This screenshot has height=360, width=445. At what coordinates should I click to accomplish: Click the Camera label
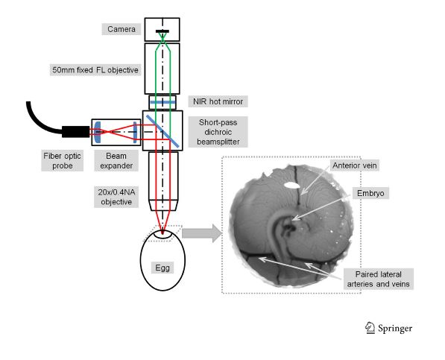[x=121, y=29]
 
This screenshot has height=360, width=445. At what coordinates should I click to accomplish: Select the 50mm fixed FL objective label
[x=95, y=70]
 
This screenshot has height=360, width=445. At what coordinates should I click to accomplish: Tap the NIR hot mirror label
[x=218, y=101]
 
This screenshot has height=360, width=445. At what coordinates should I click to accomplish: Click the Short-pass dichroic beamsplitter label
[x=218, y=132]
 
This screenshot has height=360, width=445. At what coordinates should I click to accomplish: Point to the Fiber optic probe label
[x=62, y=160]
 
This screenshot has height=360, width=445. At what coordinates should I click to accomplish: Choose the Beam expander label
[x=116, y=160]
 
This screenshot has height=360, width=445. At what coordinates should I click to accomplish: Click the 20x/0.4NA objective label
[x=116, y=197]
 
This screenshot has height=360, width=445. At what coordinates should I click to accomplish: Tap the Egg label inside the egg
[x=162, y=268]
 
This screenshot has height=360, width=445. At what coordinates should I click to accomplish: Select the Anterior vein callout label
[x=355, y=165]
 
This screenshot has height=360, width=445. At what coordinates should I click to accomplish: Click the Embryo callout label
[x=370, y=193]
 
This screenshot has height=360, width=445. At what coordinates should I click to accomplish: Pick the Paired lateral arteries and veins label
[x=379, y=279]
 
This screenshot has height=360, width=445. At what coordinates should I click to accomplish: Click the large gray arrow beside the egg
[x=202, y=233]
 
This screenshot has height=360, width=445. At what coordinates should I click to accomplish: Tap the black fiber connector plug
[x=76, y=132]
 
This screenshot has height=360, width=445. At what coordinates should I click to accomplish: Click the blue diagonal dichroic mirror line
[x=162, y=131]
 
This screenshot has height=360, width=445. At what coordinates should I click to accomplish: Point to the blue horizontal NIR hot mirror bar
[x=162, y=102]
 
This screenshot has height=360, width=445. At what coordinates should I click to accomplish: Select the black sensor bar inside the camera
[x=162, y=31]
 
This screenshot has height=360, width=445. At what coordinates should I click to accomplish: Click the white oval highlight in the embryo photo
[x=292, y=186]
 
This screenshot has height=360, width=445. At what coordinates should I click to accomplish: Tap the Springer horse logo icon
[x=369, y=328]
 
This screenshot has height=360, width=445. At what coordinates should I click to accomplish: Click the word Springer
[x=395, y=329]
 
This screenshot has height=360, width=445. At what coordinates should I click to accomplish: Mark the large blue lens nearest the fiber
[x=98, y=132]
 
